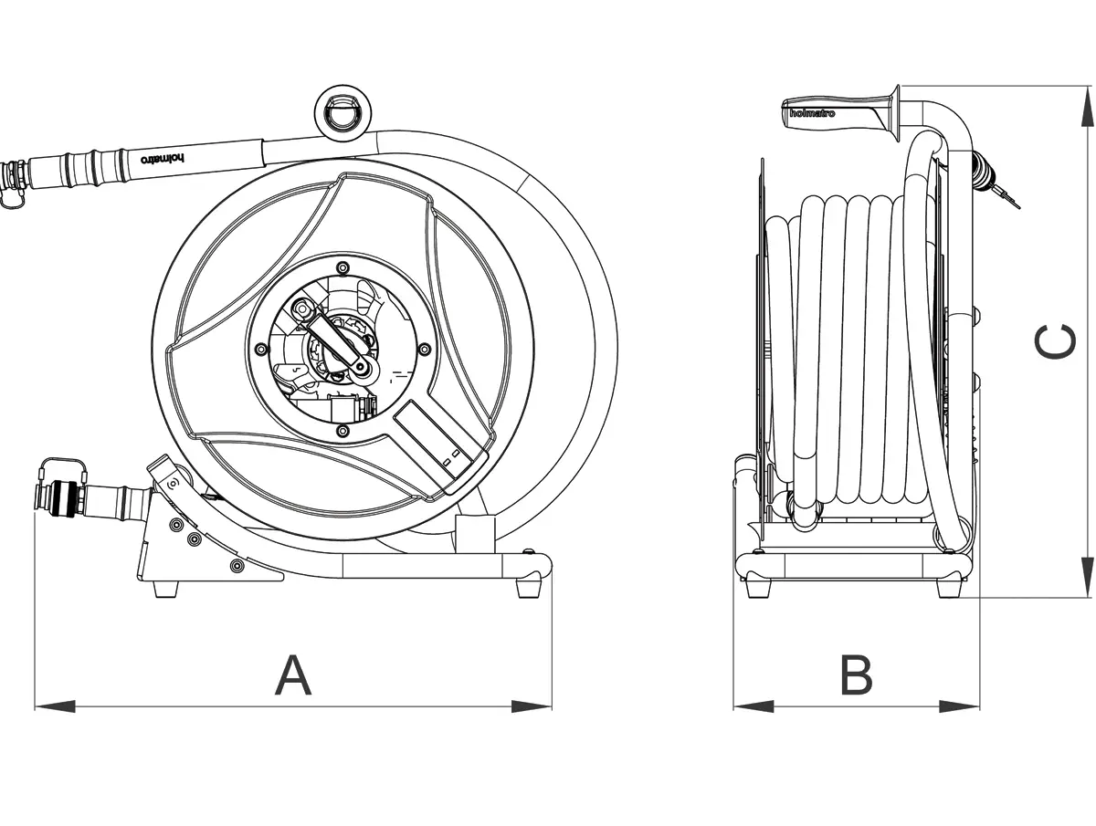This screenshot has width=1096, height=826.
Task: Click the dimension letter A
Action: [x=293, y=675]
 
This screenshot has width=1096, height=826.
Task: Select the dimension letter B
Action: [x=856, y=675]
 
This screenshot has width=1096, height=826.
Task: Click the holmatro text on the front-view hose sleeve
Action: [x=162, y=158]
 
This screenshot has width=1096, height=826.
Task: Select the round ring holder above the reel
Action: [x=344, y=113]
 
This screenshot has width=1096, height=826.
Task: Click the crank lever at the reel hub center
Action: [x=342, y=343]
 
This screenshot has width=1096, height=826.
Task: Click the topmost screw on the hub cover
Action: [x=342, y=267]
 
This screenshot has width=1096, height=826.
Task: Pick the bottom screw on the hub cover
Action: [x=342, y=430]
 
